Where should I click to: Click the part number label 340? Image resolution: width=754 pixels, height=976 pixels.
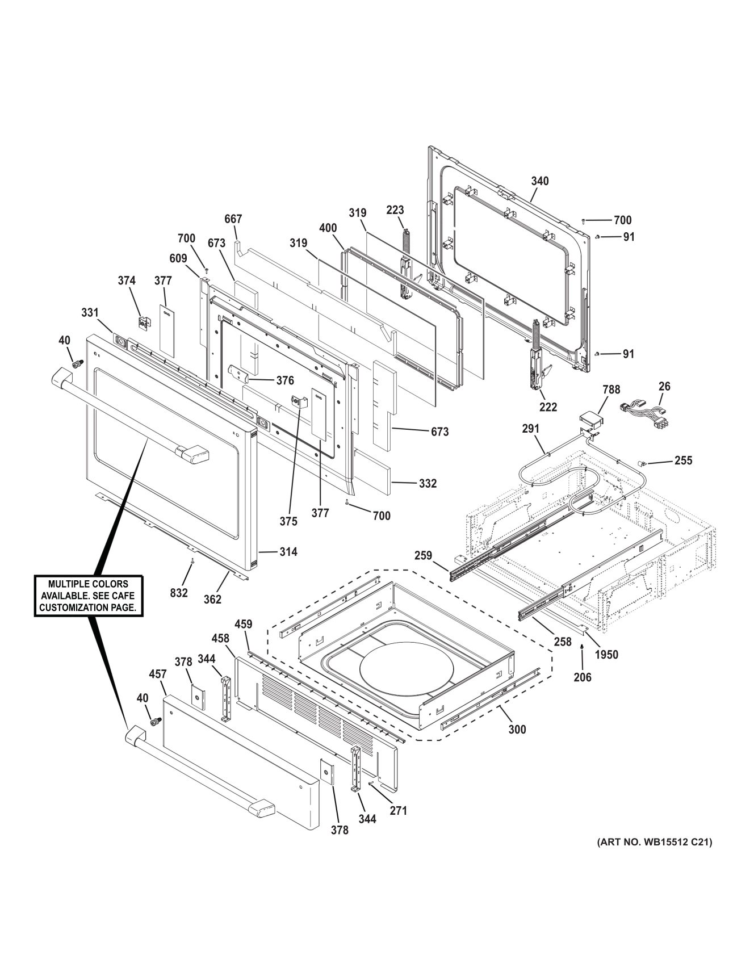point(539,181)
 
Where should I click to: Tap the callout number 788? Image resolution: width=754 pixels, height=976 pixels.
point(611,389)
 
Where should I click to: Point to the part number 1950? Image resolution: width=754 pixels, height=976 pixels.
point(606,655)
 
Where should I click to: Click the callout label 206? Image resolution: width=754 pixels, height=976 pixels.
point(583,677)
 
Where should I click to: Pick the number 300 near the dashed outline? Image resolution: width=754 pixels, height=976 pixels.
point(517,729)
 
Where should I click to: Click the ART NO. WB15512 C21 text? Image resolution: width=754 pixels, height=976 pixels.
point(654,841)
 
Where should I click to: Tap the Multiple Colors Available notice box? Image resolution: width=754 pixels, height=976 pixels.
point(88,596)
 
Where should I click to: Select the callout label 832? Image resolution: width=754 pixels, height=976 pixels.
point(179,593)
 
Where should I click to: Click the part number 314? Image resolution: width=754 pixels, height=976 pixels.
point(288,552)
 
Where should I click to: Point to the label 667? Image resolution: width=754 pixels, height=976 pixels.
point(233,219)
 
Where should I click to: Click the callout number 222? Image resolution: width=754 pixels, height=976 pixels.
point(548,407)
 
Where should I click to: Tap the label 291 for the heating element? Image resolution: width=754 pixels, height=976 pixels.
point(530,429)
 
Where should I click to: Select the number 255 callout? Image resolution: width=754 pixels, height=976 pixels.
point(683,460)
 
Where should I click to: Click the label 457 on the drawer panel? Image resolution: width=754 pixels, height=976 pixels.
point(157,674)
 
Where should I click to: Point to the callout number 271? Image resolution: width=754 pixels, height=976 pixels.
point(398,811)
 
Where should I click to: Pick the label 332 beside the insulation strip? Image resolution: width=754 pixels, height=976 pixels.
point(428,483)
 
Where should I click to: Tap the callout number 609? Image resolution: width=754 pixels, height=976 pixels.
point(178,258)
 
